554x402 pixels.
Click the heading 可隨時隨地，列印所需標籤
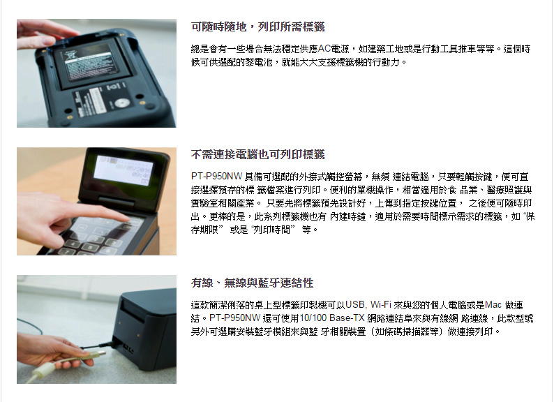click(x=257, y=27)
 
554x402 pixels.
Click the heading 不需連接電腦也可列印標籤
click(x=257, y=154)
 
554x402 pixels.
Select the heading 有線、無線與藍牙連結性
click(x=253, y=283)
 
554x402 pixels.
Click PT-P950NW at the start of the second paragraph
click(x=216, y=177)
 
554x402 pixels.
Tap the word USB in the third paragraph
click(x=356, y=305)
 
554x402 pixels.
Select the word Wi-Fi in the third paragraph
click(x=380, y=305)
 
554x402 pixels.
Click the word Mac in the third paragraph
click(x=493, y=305)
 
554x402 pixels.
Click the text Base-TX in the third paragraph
click(x=347, y=318)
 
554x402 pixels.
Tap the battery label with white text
click(x=87, y=63)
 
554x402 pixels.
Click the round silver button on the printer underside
click(x=122, y=103)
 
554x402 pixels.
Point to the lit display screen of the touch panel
click(x=123, y=170)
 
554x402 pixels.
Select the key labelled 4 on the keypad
click(x=72, y=243)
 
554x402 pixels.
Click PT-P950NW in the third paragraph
click(x=235, y=318)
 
